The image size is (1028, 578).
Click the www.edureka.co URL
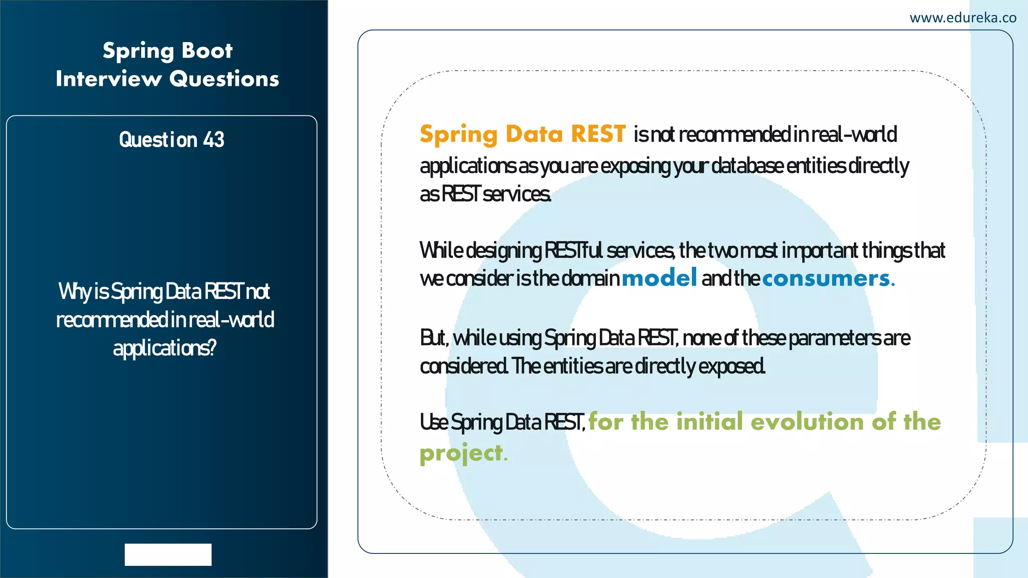click(x=962, y=18)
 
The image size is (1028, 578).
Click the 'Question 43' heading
click(x=171, y=139)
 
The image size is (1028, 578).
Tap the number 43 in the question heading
click(x=213, y=139)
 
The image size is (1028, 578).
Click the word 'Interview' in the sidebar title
click(x=108, y=79)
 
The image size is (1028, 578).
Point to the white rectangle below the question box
click(x=168, y=554)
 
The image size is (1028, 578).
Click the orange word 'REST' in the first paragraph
click(x=598, y=134)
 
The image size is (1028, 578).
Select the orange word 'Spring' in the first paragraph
click(x=458, y=135)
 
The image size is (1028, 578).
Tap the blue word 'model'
click(x=659, y=278)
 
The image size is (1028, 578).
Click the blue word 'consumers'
click(x=826, y=278)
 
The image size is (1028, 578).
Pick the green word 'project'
click(x=461, y=453)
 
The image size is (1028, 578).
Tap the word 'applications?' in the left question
click(x=165, y=348)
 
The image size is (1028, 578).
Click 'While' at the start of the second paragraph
click(x=441, y=250)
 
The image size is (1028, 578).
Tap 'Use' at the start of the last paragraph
click(x=434, y=422)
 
